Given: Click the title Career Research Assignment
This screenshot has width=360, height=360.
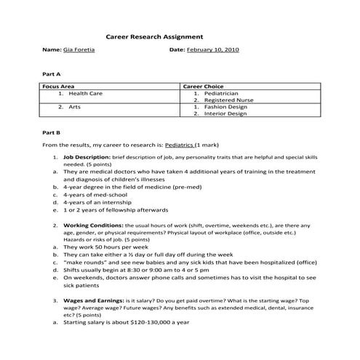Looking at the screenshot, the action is pos(154,36).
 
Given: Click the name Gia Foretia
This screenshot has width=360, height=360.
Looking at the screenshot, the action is pos(81,51).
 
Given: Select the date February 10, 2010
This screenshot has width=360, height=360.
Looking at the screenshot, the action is pos(213,51).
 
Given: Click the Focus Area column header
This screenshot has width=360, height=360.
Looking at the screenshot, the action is pos(59,87).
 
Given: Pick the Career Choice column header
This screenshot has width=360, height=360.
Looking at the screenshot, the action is pos(203,87).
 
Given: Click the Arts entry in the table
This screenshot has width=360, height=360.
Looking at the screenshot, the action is pos(74,107).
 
